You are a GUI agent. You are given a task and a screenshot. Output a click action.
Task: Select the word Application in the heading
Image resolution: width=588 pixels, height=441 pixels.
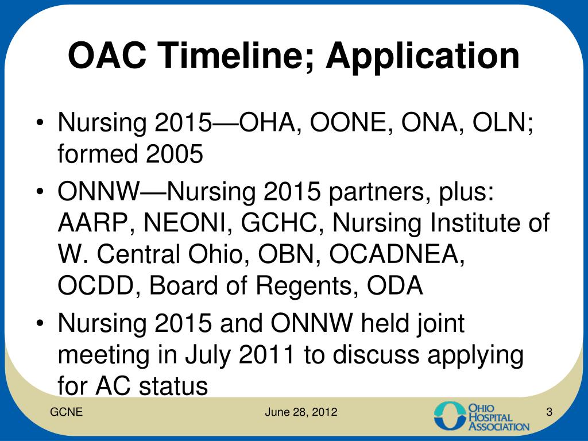point(423,57)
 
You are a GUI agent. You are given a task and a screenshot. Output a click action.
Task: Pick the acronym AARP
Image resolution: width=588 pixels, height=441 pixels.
point(91,223)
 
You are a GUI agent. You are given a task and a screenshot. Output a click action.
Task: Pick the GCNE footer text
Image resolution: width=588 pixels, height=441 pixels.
point(66,412)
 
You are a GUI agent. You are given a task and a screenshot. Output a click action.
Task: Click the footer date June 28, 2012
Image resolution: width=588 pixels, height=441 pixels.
point(301,412)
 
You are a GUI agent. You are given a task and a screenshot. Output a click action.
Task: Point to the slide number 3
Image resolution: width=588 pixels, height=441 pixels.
point(549,412)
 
